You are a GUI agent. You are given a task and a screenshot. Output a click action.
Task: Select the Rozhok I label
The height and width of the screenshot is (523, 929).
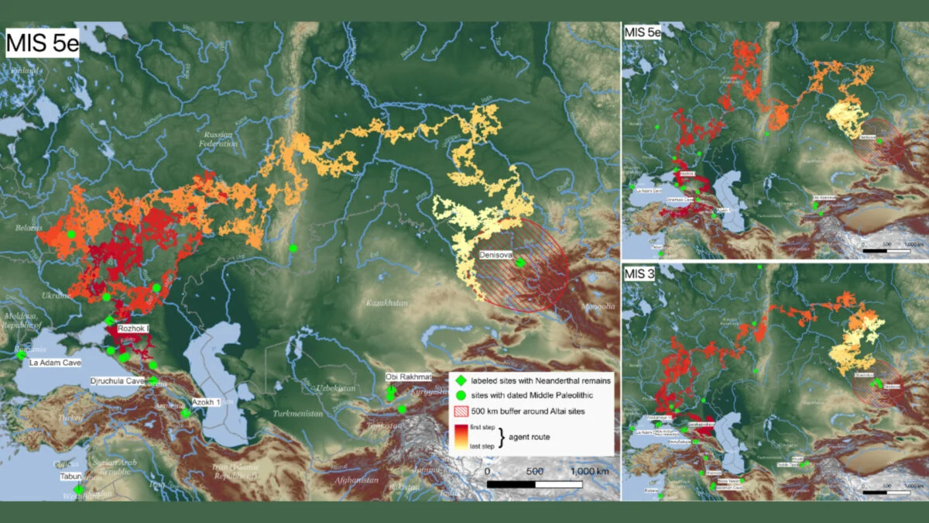coord(133,329)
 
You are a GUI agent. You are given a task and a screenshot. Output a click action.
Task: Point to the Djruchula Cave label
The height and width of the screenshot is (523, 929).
coord(117,381)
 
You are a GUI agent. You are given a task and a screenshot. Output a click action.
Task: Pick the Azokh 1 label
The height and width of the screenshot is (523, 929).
coord(206,403)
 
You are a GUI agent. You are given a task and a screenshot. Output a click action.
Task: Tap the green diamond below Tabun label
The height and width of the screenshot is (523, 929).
coord(78,489)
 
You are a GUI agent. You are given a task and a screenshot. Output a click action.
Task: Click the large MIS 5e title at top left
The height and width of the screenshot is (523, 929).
coord(43,43)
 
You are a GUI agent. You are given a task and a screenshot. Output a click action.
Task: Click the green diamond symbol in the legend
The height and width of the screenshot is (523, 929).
coord(460,380)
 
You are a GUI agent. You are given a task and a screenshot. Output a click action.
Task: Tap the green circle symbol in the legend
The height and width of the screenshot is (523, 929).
coord(460,395)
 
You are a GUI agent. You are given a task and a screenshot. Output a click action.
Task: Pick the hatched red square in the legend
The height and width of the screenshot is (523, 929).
coord(460,411)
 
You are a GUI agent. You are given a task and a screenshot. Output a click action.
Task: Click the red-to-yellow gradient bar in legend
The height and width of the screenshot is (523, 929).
coord(460,437)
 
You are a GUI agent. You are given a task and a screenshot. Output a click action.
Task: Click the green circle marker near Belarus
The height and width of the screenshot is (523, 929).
coord(71,234)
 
